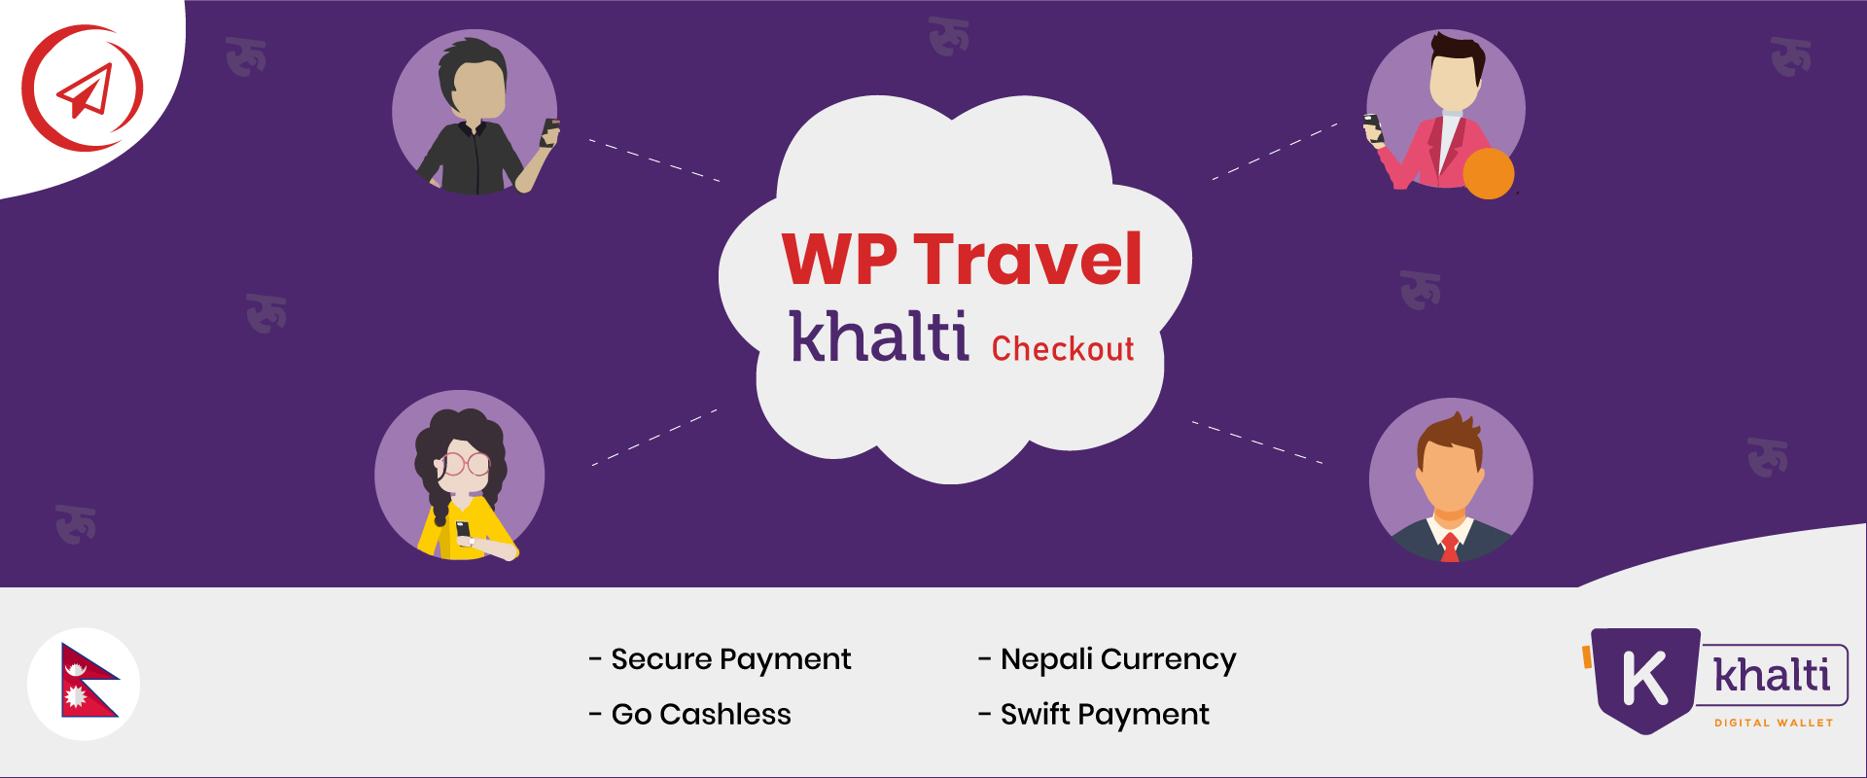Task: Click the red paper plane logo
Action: click(x=83, y=88)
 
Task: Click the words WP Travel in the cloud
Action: click(x=962, y=260)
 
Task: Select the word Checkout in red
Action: click(x=1063, y=348)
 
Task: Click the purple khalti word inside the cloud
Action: click(x=879, y=336)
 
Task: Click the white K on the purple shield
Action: click(x=1645, y=678)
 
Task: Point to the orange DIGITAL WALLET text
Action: click(x=1774, y=723)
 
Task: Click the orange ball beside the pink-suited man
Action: click(x=1489, y=173)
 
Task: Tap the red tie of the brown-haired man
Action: click(x=1450, y=548)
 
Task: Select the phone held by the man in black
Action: click(x=550, y=132)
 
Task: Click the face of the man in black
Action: click(x=478, y=90)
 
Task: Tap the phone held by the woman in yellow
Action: click(x=463, y=532)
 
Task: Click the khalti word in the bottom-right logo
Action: click(x=1772, y=675)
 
